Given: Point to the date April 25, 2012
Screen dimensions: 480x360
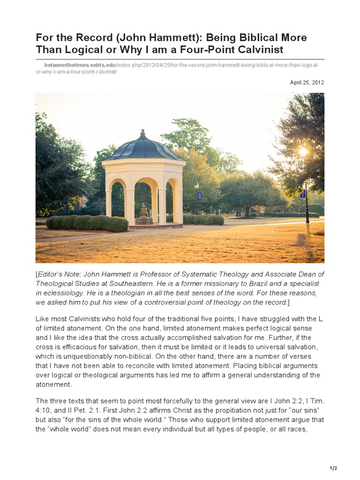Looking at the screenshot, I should (307, 82).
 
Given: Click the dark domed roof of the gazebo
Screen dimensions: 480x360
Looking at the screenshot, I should (143, 148).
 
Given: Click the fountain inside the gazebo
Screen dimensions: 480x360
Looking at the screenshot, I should (143, 213).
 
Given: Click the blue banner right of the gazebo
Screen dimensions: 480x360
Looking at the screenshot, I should (200, 196).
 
